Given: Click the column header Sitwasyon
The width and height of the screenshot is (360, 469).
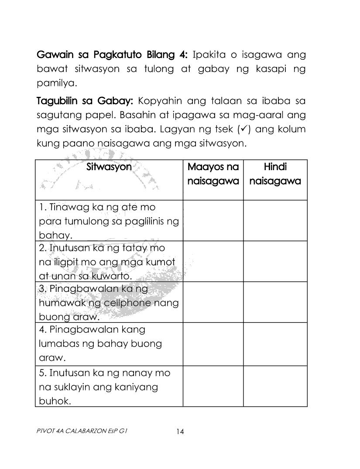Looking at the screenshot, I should tap(109, 167).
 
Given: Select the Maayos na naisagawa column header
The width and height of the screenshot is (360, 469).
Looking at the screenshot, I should tap(213, 174).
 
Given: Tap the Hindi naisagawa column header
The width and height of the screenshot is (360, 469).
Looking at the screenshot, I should tap(275, 174).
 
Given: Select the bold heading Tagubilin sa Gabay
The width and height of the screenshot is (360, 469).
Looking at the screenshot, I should tap(84, 102).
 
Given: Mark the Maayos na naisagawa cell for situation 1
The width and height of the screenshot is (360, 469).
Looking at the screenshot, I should tap(213, 220).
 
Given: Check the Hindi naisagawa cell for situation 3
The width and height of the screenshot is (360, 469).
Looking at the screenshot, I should tap(275, 302).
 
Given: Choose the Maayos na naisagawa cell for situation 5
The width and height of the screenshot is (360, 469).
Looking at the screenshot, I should tap(213, 387).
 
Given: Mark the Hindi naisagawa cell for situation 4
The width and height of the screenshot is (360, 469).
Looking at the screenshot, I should tap(275, 343).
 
